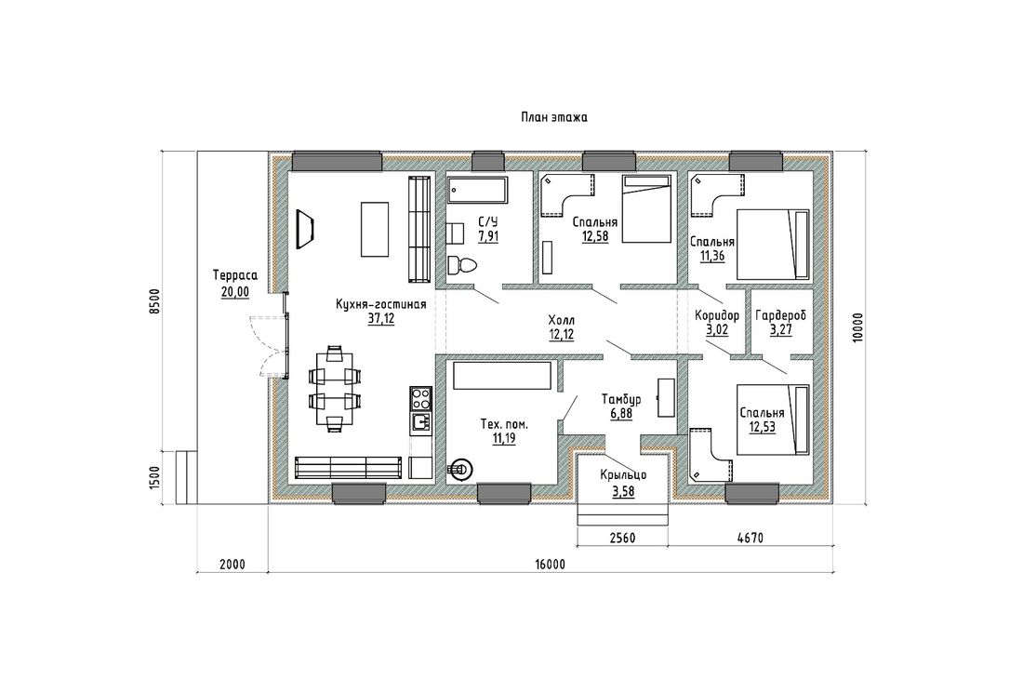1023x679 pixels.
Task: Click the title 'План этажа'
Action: tap(554, 118)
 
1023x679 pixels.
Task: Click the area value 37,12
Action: tap(381, 318)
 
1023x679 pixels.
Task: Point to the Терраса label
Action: tap(235, 276)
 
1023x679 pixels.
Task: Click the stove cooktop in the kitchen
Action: tap(420, 397)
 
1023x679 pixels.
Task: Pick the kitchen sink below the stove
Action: tap(420, 423)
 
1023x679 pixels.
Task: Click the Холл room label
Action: tap(561, 320)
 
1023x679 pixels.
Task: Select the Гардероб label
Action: tap(781, 315)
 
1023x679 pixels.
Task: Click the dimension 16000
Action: tap(551, 565)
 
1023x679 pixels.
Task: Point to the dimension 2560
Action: tap(622, 539)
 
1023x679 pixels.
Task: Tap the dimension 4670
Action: tap(751, 539)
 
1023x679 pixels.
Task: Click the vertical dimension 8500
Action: tap(154, 302)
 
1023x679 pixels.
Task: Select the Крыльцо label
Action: tap(623, 476)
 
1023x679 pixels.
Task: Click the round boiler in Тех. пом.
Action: tap(462, 469)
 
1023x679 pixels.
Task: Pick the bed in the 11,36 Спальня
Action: tap(773, 245)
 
